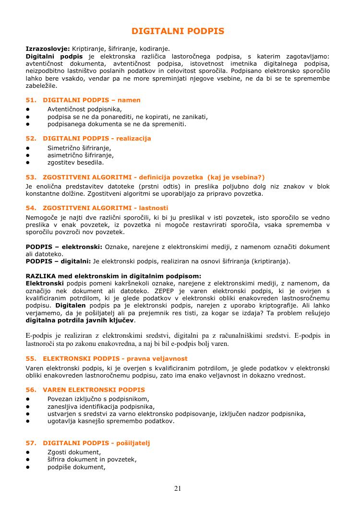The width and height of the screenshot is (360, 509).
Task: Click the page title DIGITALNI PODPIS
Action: tap(178, 31)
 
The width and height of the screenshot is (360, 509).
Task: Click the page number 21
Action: tap(178, 488)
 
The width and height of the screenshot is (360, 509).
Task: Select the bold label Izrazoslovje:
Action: tap(48, 48)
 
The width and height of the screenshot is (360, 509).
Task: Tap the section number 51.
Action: tap(31, 100)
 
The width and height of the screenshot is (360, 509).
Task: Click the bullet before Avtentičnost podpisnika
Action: tap(28, 109)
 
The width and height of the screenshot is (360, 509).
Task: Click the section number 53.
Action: tap(31, 177)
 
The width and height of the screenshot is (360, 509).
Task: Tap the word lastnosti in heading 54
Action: tap(153, 208)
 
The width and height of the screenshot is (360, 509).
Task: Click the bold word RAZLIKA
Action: tap(42, 276)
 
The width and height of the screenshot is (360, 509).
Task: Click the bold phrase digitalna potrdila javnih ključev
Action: tap(80, 320)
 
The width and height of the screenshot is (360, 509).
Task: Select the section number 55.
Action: tap(31, 358)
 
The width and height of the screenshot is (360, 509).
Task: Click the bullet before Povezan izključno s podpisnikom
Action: tap(28, 399)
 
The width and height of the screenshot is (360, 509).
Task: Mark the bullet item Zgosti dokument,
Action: tap(74, 452)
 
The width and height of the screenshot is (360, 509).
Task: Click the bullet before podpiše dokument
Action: tap(28, 467)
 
